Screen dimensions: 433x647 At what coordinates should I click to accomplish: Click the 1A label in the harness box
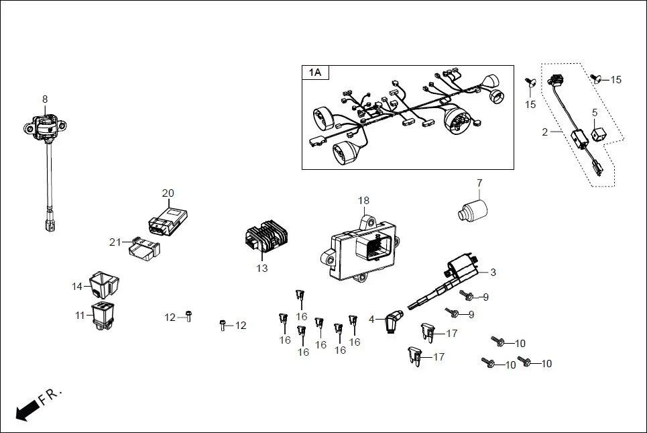pyautogui.click(x=315, y=73)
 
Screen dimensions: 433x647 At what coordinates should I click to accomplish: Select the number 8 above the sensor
pyautogui.click(x=45, y=99)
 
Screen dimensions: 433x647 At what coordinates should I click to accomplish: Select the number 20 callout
pyautogui.click(x=168, y=193)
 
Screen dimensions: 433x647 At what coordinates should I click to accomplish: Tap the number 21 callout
pyautogui.click(x=115, y=242)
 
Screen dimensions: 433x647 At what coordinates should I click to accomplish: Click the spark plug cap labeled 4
pyautogui.click(x=394, y=322)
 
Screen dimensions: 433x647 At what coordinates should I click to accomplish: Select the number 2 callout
pyautogui.click(x=545, y=132)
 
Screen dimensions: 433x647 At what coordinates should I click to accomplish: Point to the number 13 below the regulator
pyautogui.click(x=261, y=269)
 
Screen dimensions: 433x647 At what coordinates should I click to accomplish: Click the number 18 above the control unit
pyautogui.click(x=363, y=201)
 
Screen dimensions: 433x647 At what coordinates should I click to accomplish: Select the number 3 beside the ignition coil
pyautogui.click(x=493, y=273)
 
